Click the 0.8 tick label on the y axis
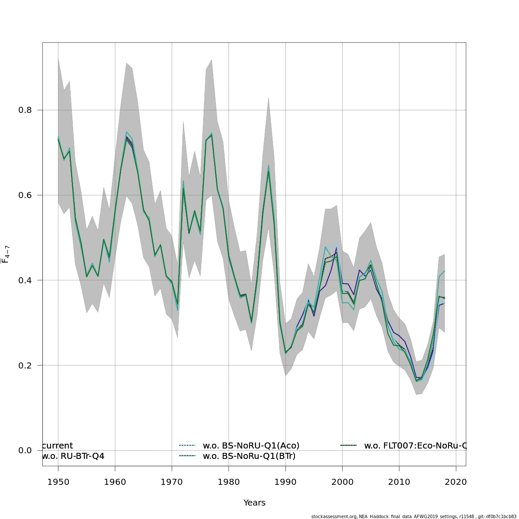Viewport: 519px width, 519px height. pyautogui.click(x=25, y=110)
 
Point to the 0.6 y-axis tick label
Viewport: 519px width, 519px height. pyautogui.click(x=25, y=195)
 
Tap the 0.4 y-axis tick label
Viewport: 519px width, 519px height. pyautogui.click(x=25, y=280)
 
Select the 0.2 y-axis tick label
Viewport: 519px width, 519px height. pyautogui.click(x=25, y=365)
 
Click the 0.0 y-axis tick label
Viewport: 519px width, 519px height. pyautogui.click(x=25, y=451)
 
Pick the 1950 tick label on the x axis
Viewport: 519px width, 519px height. pyautogui.click(x=58, y=482)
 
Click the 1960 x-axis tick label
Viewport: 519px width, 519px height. pyautogui.click(x=115, y=482)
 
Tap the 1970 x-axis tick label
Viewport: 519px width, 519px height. pyautogui.click(x=172, y=482)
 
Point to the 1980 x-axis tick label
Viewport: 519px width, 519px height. pyautogui.click(x=229, y=482)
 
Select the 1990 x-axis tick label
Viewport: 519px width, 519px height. pyautogui.click(x=285, y=482)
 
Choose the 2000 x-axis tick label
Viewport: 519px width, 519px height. pyautogui.click(x=343, y=482)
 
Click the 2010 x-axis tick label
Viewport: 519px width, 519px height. pyautogui.click(x=399, y=482)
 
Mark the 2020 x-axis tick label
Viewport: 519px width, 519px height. pyautogui.click(x=456, y=482)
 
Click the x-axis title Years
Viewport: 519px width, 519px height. pyautogui.click(x=254, y=503)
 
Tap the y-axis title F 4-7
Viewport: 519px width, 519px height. pyautogui.click(x=6, y=254)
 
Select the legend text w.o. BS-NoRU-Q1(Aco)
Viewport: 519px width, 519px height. pyautogui.click(x=251, y=446)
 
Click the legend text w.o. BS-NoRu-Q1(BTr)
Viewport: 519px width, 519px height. pyautogui.click(x=249, y=456)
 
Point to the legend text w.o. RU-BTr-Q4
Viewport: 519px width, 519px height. pyautogui.click(x=73, y=456)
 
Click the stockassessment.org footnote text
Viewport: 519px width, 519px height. pyautogui.click(x=413, y=516)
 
